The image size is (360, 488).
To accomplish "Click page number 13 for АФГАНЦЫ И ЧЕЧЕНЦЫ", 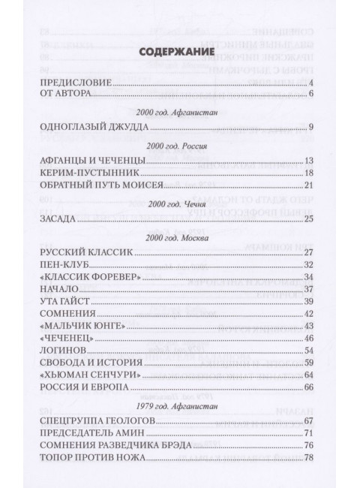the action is pyautogui.click(x=307, y=161).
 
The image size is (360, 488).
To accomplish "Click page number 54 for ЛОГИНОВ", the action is pyautogui.click(x=307, y=350).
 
